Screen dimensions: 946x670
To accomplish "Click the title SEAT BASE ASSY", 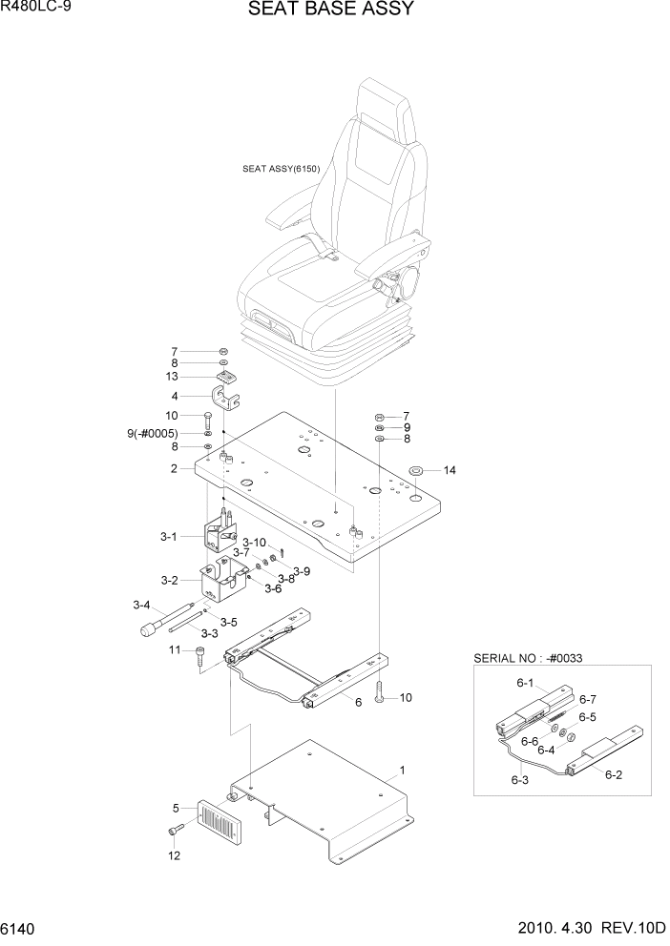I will tap(330, 10).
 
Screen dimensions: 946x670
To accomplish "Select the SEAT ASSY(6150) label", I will tap(281, 170).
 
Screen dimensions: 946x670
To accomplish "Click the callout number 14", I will tap(450, 470).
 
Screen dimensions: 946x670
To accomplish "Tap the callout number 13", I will tap(174, 377).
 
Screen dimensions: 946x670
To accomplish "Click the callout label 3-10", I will tap(252, 542).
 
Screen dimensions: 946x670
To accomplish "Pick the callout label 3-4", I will tap(142, 605).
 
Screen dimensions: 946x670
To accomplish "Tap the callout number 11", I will tap(175, 649).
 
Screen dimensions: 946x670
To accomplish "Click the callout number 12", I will tap(173, 855).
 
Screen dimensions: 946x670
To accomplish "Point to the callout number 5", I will tap(176, 809).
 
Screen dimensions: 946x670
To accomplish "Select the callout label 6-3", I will tap(519, 780).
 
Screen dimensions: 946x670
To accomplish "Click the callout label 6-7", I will tap(587, 699).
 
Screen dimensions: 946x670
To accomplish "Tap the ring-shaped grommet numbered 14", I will tap(417, 471).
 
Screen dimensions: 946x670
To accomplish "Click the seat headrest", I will tap(385, 110).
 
